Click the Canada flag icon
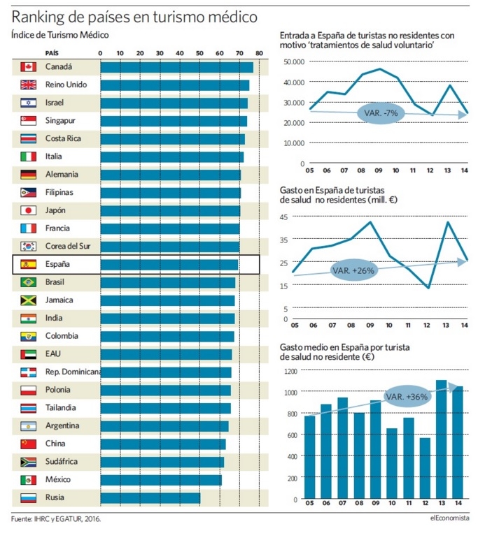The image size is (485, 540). click(x=28, y=67)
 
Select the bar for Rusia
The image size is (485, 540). click(x=150, y=498)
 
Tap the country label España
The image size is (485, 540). click(x=58, y=265)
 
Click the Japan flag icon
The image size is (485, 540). click(x=28, y=210)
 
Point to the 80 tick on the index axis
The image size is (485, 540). click(x=259, y=53)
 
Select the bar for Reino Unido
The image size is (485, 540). click(x=174, y=85)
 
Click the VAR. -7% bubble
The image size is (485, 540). click(x=381, y=112)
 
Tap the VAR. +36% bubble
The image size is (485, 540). click(x=407, y=396)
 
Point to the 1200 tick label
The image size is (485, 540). click(x=290, y=371)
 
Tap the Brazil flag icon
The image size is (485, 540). click(x=28, y=282)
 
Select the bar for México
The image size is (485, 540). click(x=160, y=480)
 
